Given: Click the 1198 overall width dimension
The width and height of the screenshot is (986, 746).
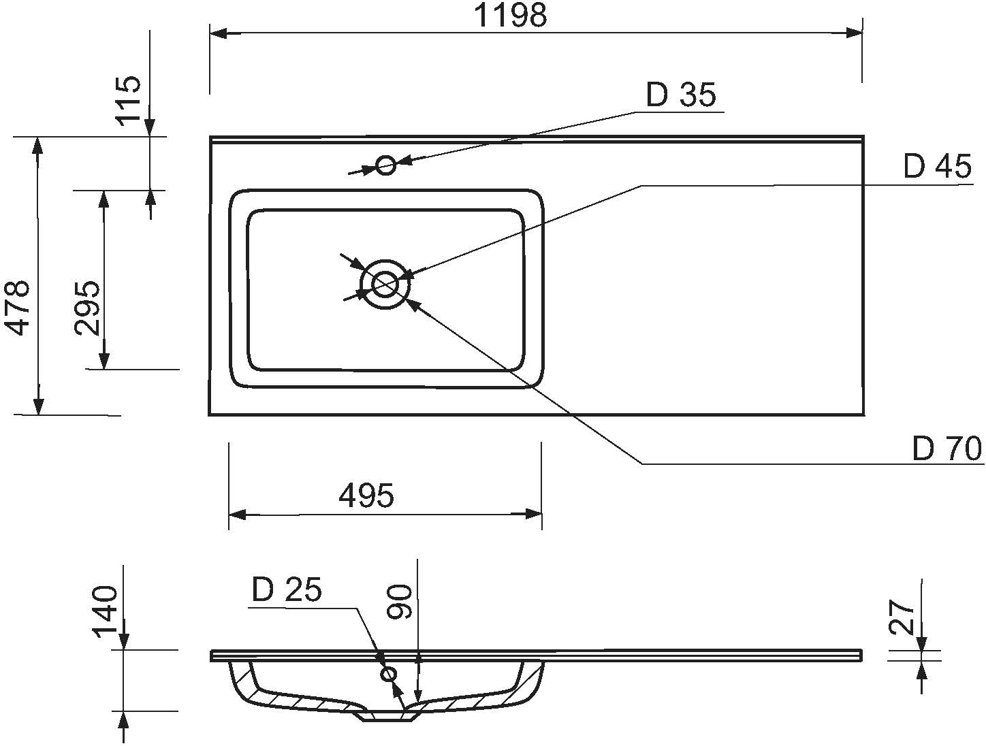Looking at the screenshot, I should pos(510,15).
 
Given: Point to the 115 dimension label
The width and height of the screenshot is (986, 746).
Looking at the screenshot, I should pos(129,100).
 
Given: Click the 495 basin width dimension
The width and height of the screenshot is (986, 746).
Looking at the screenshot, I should pos(366,496).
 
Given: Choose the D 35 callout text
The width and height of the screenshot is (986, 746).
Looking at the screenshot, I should pos(680,95).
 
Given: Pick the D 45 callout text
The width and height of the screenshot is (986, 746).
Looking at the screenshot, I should pos(937,166).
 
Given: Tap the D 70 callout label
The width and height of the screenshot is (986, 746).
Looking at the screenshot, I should pos(947,449).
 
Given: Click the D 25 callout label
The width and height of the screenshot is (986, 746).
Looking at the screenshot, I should pos(287,590).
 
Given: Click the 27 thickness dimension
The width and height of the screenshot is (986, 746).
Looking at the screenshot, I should pos(902,617).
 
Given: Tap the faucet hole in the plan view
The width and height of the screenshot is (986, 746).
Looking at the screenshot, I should pos(386,165).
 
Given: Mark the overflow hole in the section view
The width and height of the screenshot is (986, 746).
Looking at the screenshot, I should pos(389,674).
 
